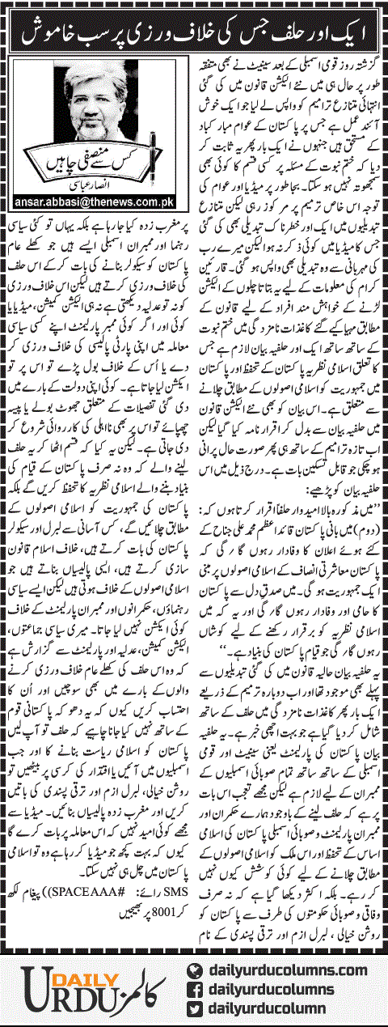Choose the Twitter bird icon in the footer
194,1007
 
